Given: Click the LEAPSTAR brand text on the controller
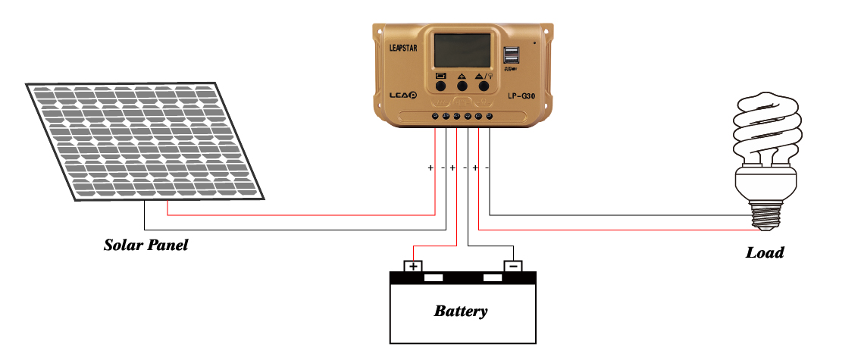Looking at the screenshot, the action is (402, 48).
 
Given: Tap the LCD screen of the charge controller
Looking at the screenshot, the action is (462, 50).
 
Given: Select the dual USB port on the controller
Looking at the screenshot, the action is (511, 55).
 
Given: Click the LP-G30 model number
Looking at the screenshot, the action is (521, 95).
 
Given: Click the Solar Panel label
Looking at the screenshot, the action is (146, 245).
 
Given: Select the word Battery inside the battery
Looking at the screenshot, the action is (461, 311).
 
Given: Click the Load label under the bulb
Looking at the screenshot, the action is (765, 252).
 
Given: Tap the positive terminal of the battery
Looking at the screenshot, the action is (413, 266).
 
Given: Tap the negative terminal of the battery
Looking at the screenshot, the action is (513, 266).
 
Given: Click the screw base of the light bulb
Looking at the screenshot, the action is (766, 215).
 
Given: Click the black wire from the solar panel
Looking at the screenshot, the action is (295, 230).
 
